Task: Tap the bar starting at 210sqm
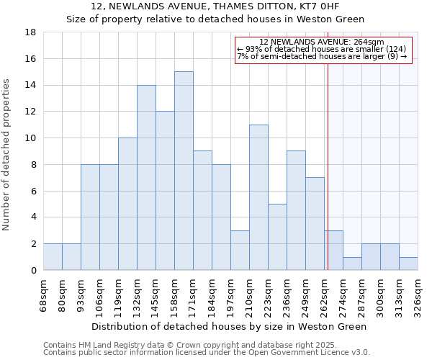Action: coord(258,197)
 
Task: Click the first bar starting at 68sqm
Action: coord(53,257)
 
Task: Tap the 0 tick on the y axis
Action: coord(34,271)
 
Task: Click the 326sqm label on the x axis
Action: coord(418,295)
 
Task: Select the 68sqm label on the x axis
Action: coord(43,295)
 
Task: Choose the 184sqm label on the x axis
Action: coord(212,295)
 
